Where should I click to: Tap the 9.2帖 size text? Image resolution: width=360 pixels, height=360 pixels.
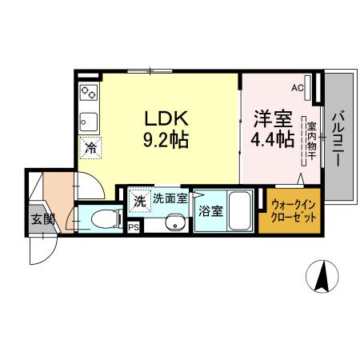point(165,141)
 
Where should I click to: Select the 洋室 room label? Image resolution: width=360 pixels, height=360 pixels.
point(271,118)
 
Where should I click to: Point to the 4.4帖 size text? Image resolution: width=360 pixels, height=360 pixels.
point(272,139)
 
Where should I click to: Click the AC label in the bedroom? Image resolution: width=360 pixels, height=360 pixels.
point(297,88)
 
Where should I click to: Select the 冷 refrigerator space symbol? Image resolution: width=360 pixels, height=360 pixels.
point(90,147)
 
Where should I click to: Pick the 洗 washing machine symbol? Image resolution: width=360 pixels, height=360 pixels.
point(139,201)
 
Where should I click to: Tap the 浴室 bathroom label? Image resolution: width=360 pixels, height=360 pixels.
point(210,212)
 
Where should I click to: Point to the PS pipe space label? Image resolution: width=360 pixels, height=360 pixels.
point(133,228)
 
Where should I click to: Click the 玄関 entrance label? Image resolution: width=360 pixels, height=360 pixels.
point(42,219)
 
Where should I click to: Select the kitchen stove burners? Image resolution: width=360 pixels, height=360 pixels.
point(88,94)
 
